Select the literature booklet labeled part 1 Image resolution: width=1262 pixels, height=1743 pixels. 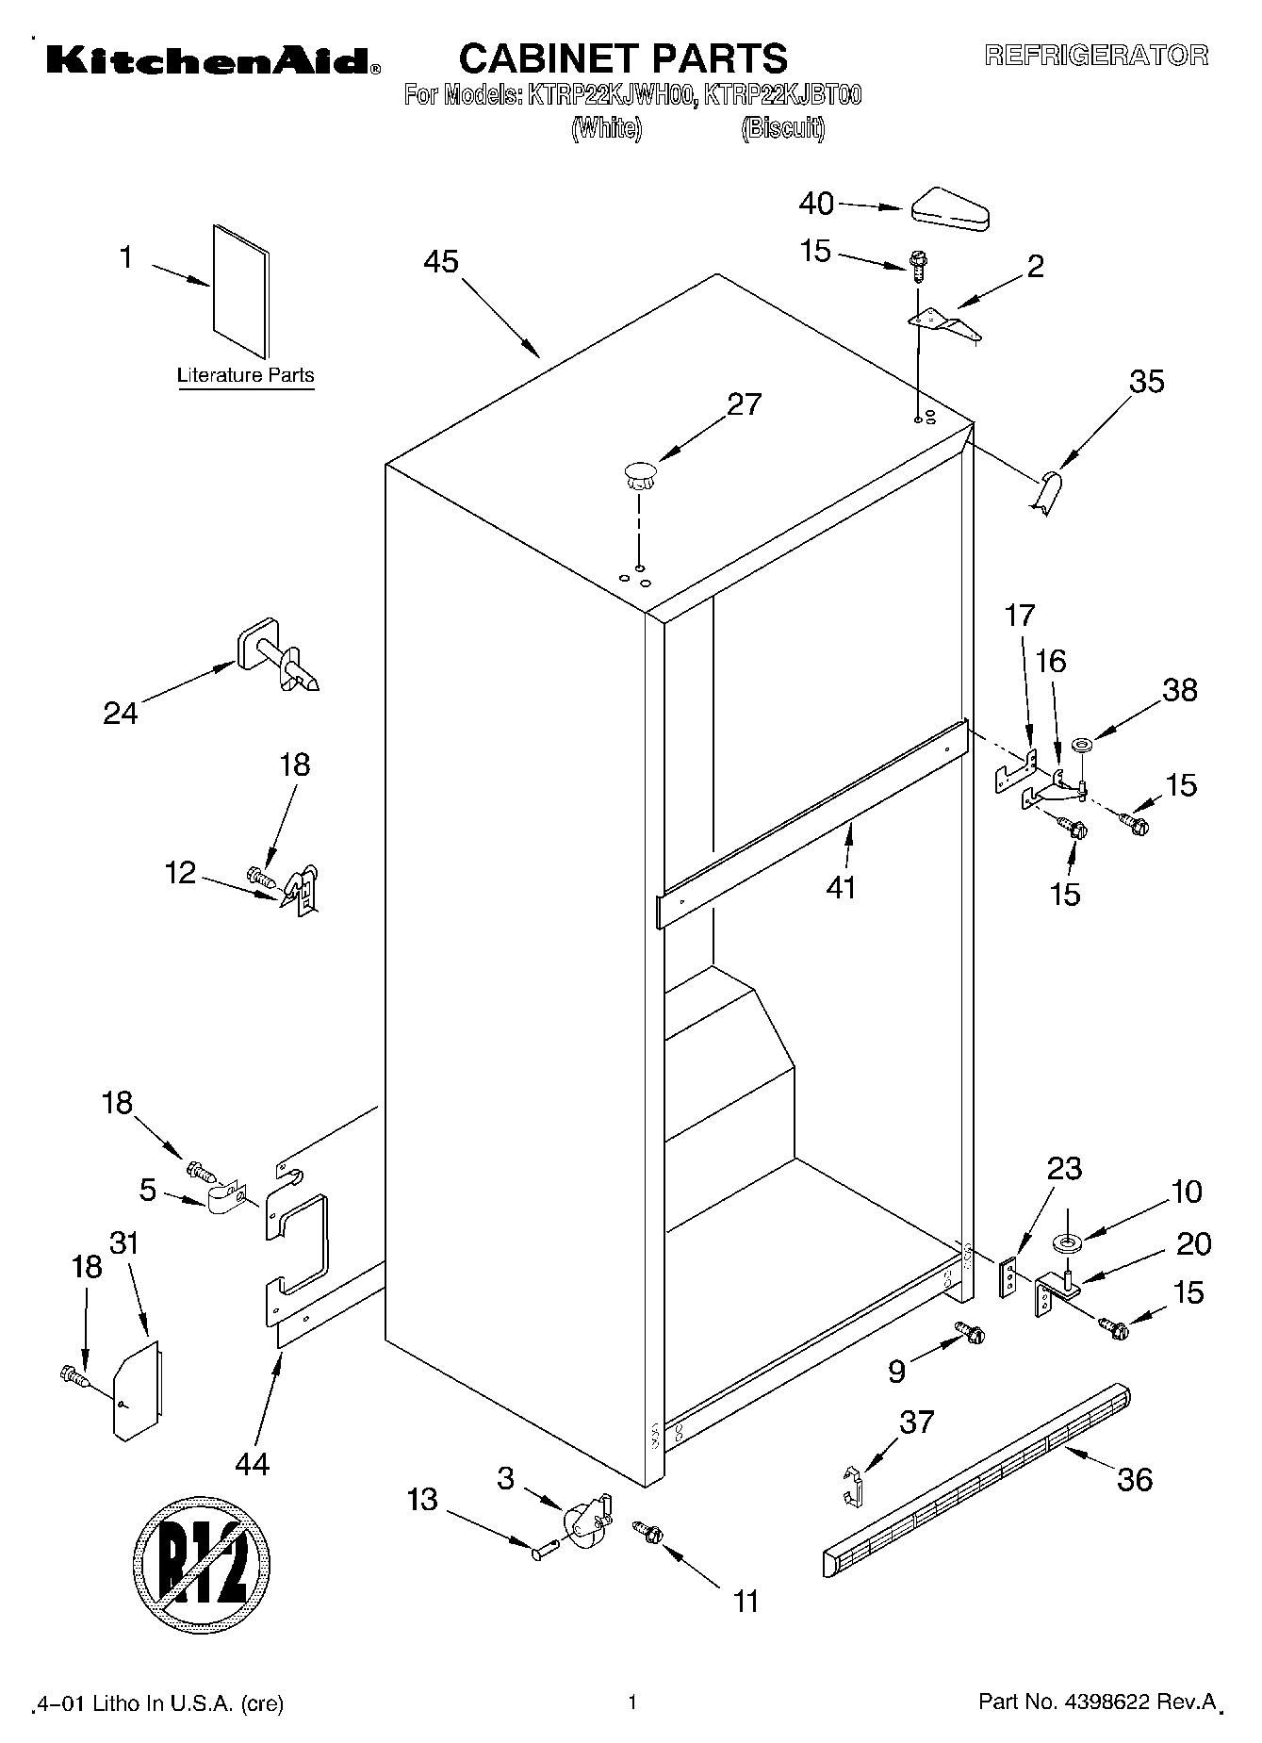(241, 291)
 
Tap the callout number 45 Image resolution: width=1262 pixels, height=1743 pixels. (440, 261)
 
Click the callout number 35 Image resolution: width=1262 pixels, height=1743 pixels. (1146, 382)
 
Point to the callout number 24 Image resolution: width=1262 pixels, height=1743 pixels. (120, 714)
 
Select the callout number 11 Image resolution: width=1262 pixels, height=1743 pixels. (746, 1601)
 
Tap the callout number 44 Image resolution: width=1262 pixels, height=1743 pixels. (253, 1463)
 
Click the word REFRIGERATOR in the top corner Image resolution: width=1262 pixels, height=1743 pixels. (1096, 56)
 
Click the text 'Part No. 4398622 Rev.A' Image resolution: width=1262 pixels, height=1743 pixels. (1098, 1702)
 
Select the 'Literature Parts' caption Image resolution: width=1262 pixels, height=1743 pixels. (246, 375)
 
